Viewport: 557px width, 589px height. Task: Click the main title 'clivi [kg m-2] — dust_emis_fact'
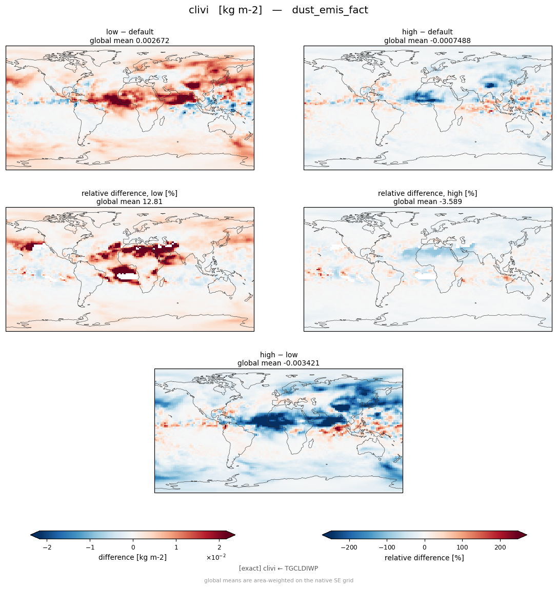pos(278,10)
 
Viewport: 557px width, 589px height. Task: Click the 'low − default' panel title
pos(130,32)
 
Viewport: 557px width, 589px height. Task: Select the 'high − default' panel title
pos(427,32)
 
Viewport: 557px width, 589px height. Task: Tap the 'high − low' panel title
pos(278,355)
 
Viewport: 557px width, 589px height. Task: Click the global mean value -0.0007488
pos(447,40)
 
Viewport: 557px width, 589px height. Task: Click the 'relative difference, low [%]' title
pos(129,193)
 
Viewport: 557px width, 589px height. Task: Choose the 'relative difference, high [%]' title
pos(427,193)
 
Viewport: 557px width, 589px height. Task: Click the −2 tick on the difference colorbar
pos(47,547)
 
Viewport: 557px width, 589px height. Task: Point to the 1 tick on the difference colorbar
pos(176,547)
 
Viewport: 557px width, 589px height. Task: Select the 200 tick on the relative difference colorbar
pos(500,547)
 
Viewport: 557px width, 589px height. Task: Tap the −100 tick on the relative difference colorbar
pos(387,547)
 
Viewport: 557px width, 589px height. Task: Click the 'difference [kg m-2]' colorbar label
pos(132,557)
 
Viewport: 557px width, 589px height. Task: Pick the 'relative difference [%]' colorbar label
pos(424,558)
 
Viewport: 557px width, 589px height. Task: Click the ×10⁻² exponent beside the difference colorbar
pos(216,557)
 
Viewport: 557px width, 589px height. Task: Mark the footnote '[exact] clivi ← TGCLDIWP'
pos(278,568)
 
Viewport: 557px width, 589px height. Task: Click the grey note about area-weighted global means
pos(278,580)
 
